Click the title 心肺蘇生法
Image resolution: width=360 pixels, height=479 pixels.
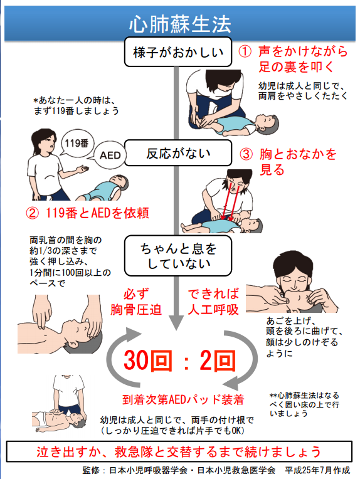coord(180,24)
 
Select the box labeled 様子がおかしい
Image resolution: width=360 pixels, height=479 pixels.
coord(178,52)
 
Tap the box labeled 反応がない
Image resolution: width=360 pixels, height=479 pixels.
coord(178,153)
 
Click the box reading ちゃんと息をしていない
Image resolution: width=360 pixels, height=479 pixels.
coord(178,256)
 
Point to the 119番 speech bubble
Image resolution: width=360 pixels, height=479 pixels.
coord(77,143)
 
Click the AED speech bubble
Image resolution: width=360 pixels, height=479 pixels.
coord(110,155)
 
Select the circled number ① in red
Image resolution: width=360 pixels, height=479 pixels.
coord(245,51)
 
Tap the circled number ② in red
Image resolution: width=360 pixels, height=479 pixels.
coord(33,213)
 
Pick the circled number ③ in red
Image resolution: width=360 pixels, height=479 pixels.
coord(246,154)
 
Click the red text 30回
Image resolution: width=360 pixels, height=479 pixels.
coord(148,361)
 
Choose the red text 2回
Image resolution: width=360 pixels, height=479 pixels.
coord(218,361)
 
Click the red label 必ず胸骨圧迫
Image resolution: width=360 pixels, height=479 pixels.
coord(135,302)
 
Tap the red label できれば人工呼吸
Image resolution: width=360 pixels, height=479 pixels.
coord(213,302)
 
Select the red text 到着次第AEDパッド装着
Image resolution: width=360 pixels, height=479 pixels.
coord(183,399)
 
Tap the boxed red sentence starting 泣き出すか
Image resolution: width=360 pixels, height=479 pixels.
coord(179,451)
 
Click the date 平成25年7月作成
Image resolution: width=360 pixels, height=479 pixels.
coord(317,470)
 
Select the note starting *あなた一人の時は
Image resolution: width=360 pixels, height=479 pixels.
coord(77,105)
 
